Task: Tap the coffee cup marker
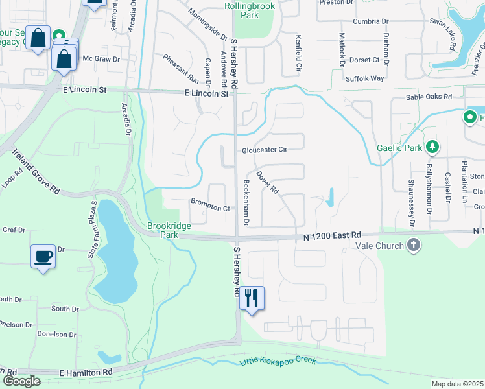pyautogui.click(x=43, y=257)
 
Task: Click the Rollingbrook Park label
pyautogui.click(x=250, y=10)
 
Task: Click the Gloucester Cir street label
pyautogui.click(x=265, y=150)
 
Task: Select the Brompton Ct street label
pyautogui.click(x=210, y=208)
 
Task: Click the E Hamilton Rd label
pyautogui.click(x=86, y=373)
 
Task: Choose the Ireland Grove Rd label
pyautogui.click(x=36, y=171)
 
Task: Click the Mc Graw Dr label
pyautogui.click(x=102, y=59)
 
